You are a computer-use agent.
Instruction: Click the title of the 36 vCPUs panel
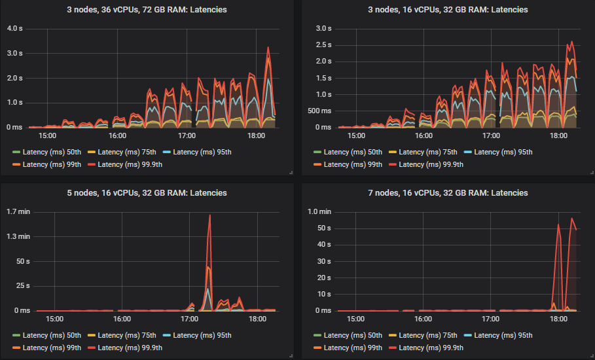click(x=147, y=10)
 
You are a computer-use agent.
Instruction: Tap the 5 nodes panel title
click(x=147, y=193)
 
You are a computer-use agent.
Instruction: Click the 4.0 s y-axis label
click(x=14, y=28)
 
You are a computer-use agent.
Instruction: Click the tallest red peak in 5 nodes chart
click(x=209, y=215)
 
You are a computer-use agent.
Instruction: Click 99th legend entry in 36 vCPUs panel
click(x=51, y=164)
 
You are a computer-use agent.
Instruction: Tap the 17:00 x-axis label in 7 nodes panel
click(x=490, y=319)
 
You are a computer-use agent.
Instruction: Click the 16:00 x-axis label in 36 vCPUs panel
click(x=117, y=136)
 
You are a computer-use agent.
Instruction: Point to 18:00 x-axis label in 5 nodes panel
click(x=258, y=319)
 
